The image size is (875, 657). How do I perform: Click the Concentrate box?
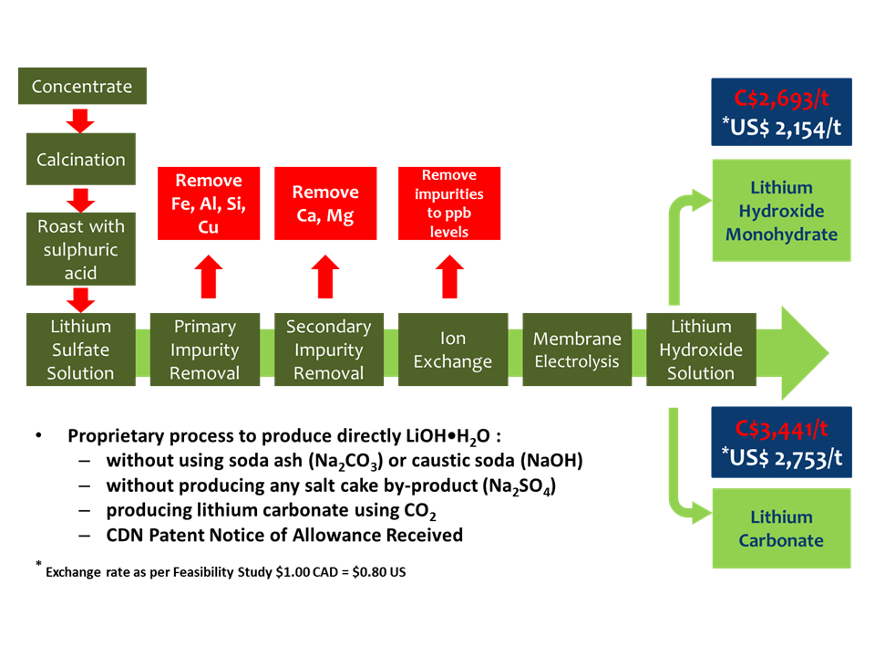[x=81, y=87]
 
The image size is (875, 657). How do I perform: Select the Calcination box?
[x=81, y=160]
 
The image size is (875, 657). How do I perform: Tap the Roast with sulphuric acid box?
[x=81, y=249]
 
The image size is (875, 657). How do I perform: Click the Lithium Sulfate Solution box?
[x=81, y=349]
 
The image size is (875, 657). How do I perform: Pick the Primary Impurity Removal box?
[x=205, y=349]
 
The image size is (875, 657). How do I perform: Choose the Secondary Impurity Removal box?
[x=329, y=349]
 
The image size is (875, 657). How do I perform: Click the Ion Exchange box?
[x=452, y=349]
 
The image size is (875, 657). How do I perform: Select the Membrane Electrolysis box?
[x=577, y=349]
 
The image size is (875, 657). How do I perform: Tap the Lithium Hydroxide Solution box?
[x=701, y=349]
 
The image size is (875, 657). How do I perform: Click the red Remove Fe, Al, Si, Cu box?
[x=208, y=203]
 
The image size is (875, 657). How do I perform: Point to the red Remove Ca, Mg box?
[x=325, y=203]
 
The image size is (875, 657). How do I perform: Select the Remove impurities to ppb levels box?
[x=449, y=203]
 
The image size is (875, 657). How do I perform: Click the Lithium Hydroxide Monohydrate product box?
[x=781, y=211]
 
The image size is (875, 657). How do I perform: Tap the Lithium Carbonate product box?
[x=781, y=528]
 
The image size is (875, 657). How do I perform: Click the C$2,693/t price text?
[x=781, y=97]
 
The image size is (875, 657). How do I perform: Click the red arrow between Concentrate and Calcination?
[x=81, y=120]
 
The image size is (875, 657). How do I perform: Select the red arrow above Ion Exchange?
[x=449, y=276]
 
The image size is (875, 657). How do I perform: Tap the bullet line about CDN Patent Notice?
[x=283, y=535]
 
